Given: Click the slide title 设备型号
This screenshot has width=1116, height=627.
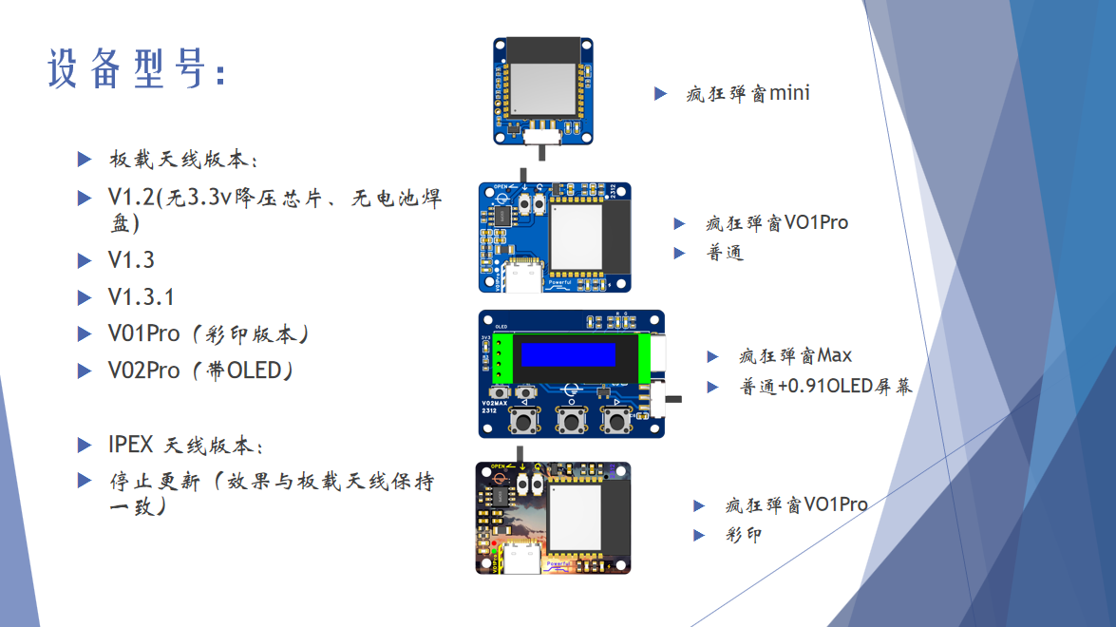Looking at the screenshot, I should [137, 69].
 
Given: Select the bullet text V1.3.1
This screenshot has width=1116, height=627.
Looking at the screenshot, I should [141, 296].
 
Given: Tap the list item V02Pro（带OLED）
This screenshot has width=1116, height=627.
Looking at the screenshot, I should [200, 370].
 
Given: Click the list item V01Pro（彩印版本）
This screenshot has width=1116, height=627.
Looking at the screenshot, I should [209, 334].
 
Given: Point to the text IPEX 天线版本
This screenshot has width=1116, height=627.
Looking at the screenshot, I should [186, 445].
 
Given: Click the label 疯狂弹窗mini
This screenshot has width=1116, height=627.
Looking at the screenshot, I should [747, 93].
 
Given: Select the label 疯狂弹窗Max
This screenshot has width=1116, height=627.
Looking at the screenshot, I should [795, 356].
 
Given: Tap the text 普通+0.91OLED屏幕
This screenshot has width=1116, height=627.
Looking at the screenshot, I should [825, 387].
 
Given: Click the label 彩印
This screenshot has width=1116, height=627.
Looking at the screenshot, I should [743, 535].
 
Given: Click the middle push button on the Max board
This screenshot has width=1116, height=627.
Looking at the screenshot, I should [570, 420].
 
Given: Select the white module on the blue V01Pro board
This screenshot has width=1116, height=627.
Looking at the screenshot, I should [576, 237].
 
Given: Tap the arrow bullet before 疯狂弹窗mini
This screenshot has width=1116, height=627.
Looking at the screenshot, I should [661, 93].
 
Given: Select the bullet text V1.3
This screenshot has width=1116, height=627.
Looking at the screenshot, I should [131, 260].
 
